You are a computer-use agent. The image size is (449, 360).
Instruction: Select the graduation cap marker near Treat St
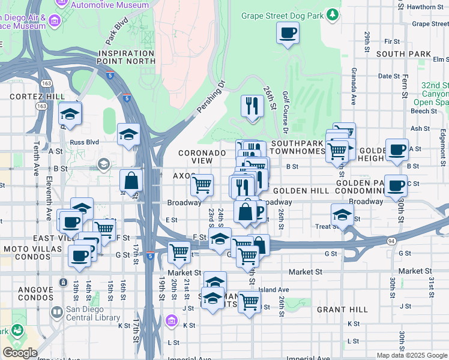pos(342,214)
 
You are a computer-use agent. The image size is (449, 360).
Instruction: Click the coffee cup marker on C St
pos(396,185)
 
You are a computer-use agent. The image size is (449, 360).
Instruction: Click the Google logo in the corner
pos(20,353)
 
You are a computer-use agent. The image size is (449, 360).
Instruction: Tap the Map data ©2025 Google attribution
pos(411,355)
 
